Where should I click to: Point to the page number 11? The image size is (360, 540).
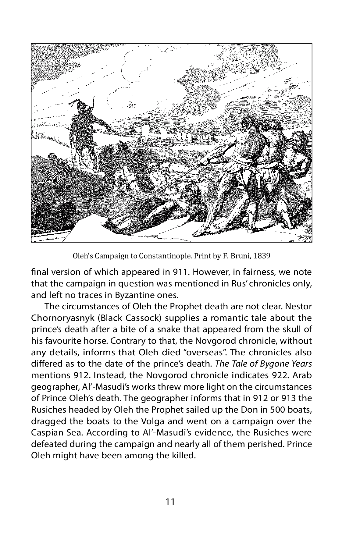[170, 502]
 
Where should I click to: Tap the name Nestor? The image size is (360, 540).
[298, 306]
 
